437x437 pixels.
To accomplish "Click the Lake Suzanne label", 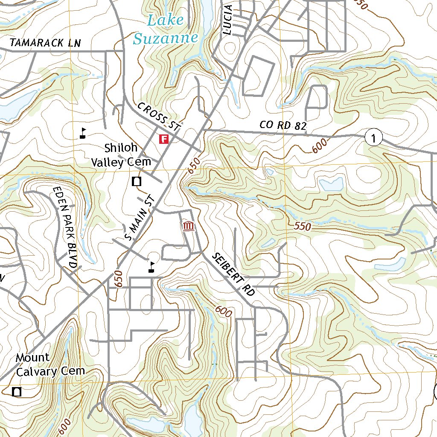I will [165, 29].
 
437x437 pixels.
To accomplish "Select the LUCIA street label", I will [228, 20].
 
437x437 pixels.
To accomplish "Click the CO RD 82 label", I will [283, 125].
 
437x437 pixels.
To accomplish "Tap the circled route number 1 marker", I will [373, 138].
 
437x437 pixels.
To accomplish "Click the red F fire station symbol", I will [163, 139].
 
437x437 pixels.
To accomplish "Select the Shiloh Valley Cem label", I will [122, 155].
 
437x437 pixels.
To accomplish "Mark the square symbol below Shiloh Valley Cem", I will [137, 181].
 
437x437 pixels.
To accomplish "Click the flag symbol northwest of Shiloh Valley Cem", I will [83, 133].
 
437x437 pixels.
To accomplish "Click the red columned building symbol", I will [188, 227].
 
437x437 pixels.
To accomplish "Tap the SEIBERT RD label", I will [233, 274].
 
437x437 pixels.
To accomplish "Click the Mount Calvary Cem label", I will [50, 364].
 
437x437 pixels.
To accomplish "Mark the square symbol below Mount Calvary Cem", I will [17, 391].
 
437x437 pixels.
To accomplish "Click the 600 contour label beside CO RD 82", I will [320, 145].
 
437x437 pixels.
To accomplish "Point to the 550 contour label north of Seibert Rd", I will [303, 227].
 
